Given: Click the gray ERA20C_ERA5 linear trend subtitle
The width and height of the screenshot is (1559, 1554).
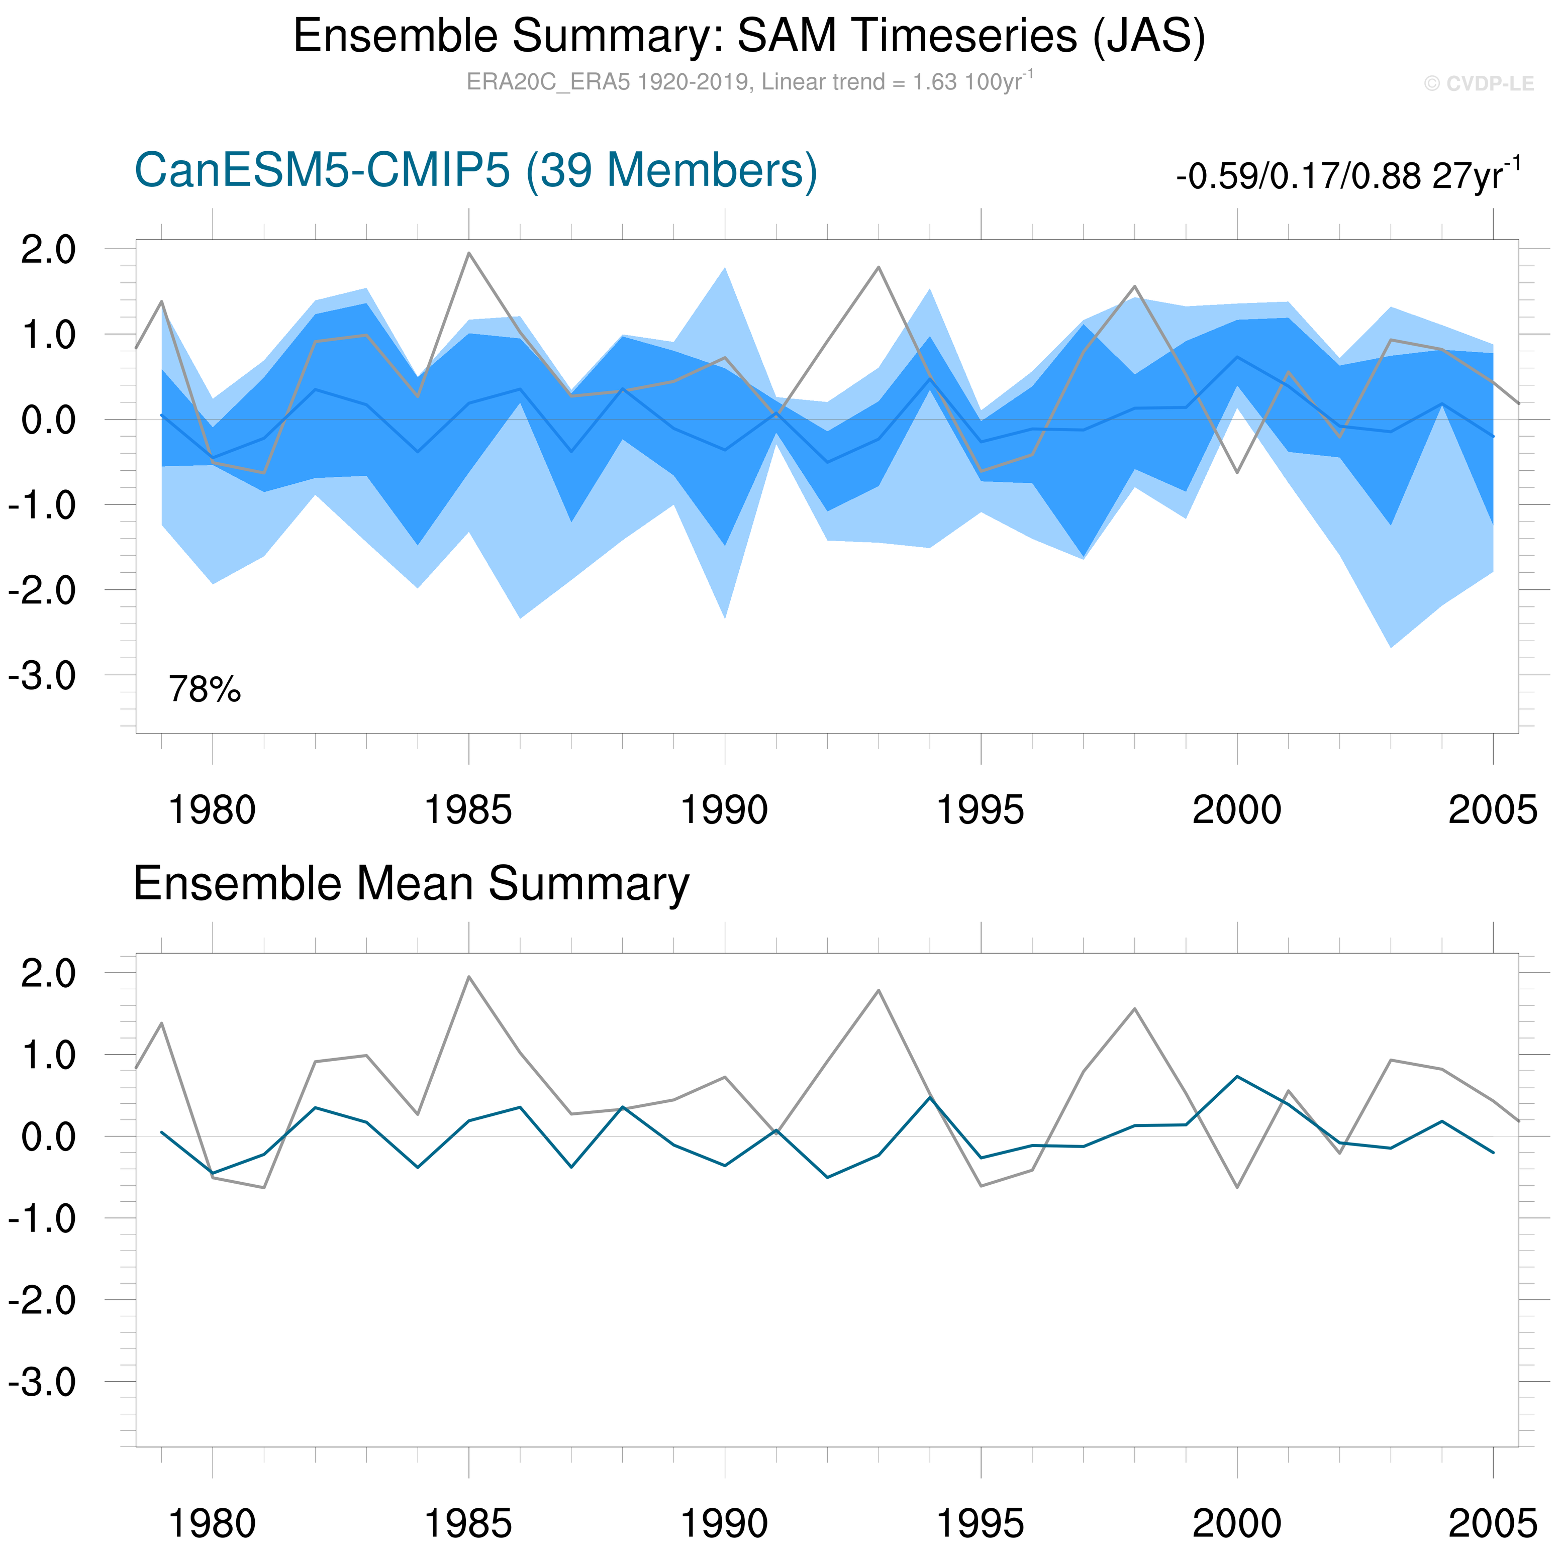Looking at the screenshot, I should click(749, 82).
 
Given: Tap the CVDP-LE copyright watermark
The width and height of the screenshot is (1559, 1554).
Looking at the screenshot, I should click(1478, 84).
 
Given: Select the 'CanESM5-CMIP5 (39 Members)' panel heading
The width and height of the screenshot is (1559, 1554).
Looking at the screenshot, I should click(476, 171).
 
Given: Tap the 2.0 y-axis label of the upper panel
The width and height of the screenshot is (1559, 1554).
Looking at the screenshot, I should click(48, 250).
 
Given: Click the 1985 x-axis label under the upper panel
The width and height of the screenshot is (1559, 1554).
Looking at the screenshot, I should click(468, 810).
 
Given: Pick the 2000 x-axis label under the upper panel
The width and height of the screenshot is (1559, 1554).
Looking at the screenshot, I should click(1236, 810).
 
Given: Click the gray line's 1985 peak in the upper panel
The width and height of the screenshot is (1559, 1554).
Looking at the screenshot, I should click(469, 253).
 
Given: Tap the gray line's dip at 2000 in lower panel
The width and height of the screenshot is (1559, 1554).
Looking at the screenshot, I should click(1237, 1187).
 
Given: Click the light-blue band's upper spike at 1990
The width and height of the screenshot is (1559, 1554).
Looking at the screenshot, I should click(725, 269).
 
